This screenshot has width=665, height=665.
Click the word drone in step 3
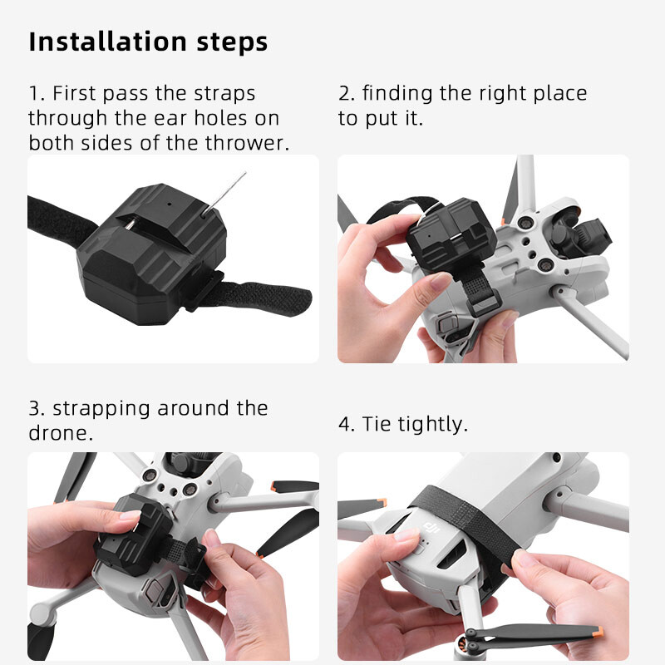59,434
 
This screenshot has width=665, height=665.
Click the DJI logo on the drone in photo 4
431,526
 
